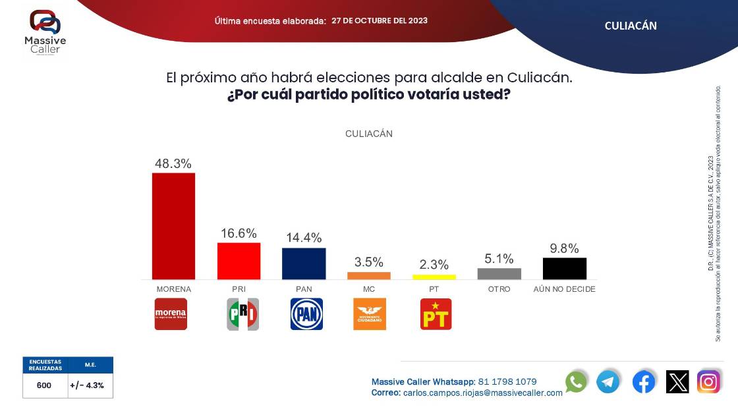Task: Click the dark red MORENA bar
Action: point(173,225)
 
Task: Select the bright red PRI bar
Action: point(239,261)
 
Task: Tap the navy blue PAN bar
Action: point(304,263)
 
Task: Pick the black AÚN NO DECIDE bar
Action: point(564,268)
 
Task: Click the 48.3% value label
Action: point(173,163)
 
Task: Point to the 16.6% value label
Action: point(239,234)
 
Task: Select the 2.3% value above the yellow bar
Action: point(434,265)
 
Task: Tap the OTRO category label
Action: point(499,289)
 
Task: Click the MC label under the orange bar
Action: point(369,289)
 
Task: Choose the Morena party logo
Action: point(171,314)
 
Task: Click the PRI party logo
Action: point(242,314)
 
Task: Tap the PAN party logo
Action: point(306,314)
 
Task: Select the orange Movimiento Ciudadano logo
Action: point(370,314)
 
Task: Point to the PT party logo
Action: point(436,314)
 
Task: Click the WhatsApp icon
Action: point(576,382)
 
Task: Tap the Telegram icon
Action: point(608,382)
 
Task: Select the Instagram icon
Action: point(709,382)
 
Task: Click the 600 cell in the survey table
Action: point(44,385)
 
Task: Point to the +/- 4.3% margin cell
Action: point(90,385)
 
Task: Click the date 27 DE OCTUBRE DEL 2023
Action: point(379,20)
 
